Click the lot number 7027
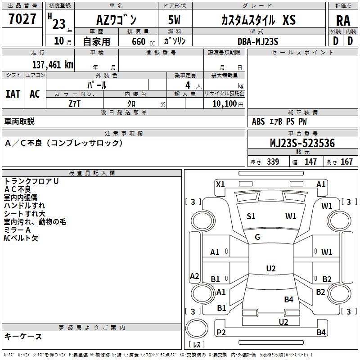[x=22, y=20]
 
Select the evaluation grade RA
[x=343, y=20]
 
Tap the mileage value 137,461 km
[x=53, y=65]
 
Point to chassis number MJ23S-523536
[x=302, y=143]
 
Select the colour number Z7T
[x=74, y=103]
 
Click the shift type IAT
[x=13, y=94]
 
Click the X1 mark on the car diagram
[x=220, y=184]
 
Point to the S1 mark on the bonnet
[x=251, y=216]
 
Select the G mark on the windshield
[x=257, y=237]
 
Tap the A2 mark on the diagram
[x=194, y=276]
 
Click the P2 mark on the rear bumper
[x=221, y=332]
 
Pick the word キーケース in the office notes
[x=23, y=336]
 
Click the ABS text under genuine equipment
[x=258, y=121]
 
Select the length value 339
[x=273, y=162]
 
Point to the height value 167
[x=346, y=162]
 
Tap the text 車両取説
[x=19, y=121]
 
